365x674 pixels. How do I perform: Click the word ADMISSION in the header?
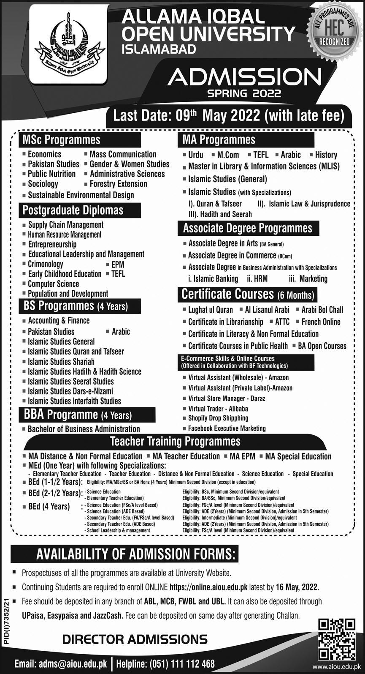(245, 78)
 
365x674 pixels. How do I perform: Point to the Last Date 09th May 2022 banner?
(228, 115)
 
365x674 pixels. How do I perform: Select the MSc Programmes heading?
(61, 139)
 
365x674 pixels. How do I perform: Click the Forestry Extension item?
(118, 184)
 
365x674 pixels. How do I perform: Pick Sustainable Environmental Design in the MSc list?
(81, 195)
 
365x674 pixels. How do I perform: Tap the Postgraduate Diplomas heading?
(73, 210)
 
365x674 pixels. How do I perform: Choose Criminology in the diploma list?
(45, 264)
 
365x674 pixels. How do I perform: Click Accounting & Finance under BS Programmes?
(59, 321)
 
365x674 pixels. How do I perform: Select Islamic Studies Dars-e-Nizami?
(70, 391)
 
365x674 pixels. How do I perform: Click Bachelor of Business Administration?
(84, 429)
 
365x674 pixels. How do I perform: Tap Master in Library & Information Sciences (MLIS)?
(263, 166)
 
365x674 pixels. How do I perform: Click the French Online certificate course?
(321, 322)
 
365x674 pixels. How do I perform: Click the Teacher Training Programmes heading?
(175, 442)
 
